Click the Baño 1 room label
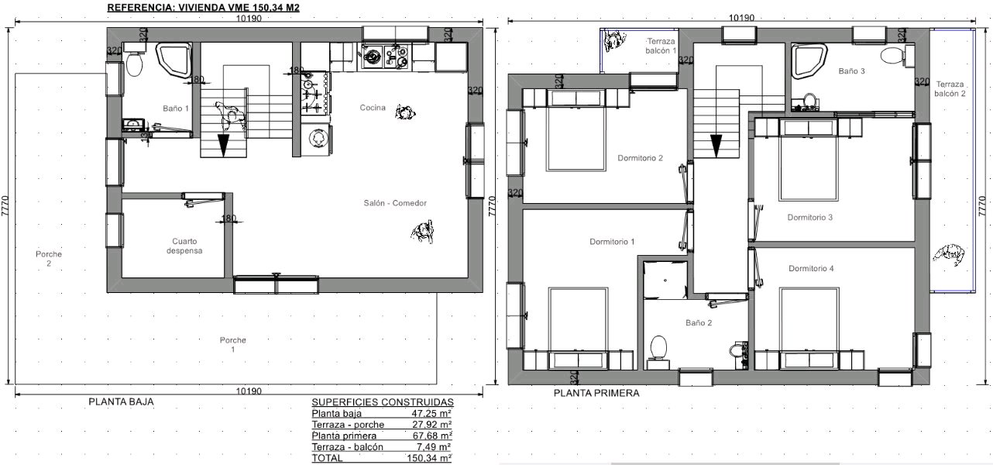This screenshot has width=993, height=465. [176, 108]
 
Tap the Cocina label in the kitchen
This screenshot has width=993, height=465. [373, 108]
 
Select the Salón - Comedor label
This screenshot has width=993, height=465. [395, 203]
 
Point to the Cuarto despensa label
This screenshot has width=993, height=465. [184, 246]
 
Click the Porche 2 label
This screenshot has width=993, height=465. [49, 259]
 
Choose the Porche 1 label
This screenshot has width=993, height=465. [232, 345]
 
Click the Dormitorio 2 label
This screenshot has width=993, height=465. [640, 158]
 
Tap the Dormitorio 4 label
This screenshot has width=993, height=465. [811, 268]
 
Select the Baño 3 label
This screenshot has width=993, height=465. [851, 71]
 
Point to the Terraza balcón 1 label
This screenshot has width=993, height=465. [661, 46]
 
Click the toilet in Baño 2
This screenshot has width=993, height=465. [658, 353]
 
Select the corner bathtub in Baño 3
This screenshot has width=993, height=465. [809, 60]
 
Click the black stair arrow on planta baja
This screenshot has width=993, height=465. [223, 146]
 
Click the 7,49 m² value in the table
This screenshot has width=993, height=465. [431, 447]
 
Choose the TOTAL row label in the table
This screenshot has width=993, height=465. [327, 458]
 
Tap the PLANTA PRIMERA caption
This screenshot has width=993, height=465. [596, 393]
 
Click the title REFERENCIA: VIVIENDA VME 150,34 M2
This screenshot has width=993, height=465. [203, 8]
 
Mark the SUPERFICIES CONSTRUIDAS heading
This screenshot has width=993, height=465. [383, 402]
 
